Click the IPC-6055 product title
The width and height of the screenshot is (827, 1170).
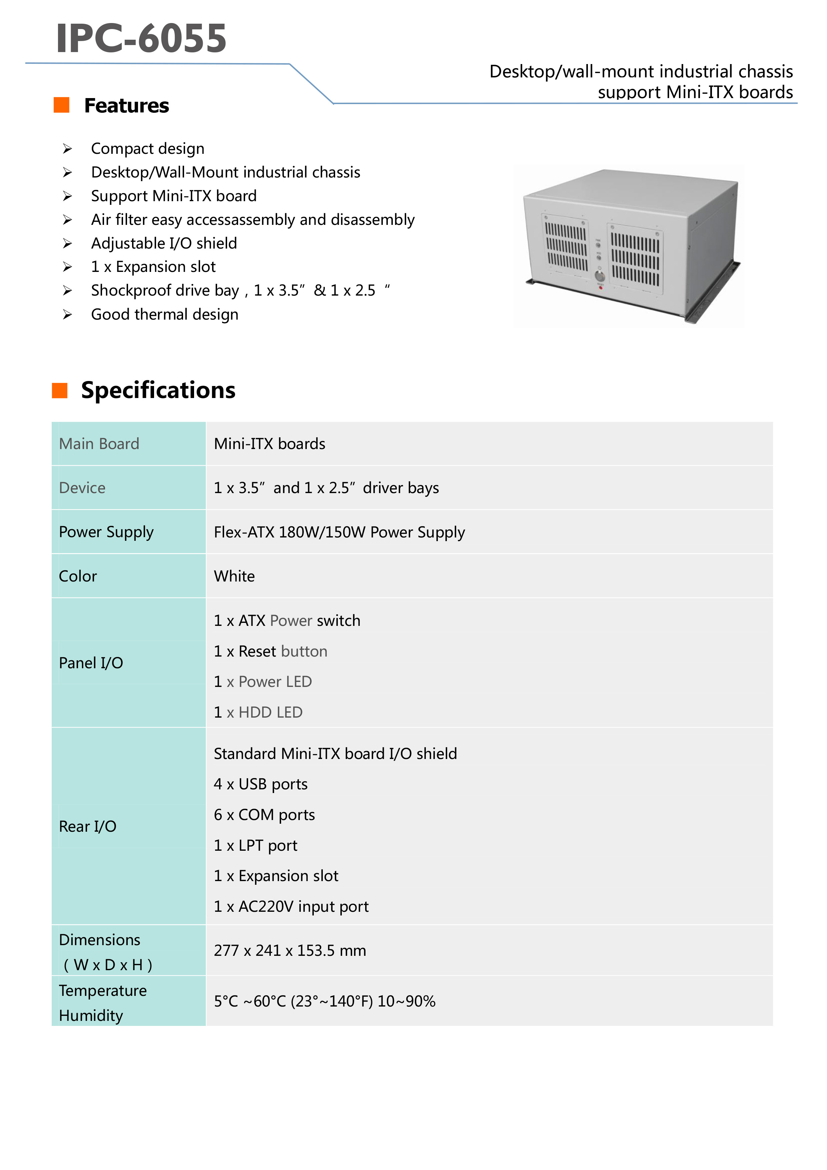[x=141, y=38]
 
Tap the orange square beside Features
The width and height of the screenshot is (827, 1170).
[x=62, y=105]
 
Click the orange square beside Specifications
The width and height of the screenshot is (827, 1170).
[x=60, y=390]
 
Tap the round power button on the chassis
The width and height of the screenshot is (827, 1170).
[x=600, y=277]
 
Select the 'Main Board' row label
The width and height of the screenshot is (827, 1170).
[x=99, y=444]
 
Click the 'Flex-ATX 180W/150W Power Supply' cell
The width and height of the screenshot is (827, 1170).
[x=339, y=532]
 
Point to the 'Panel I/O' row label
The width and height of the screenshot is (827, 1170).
[x=91, y=663]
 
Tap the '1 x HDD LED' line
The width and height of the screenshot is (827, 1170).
[x=258, y=712]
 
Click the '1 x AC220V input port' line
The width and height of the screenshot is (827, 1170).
[x=291, y=906]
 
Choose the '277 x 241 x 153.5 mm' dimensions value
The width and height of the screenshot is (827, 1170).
[x=290, y=950]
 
